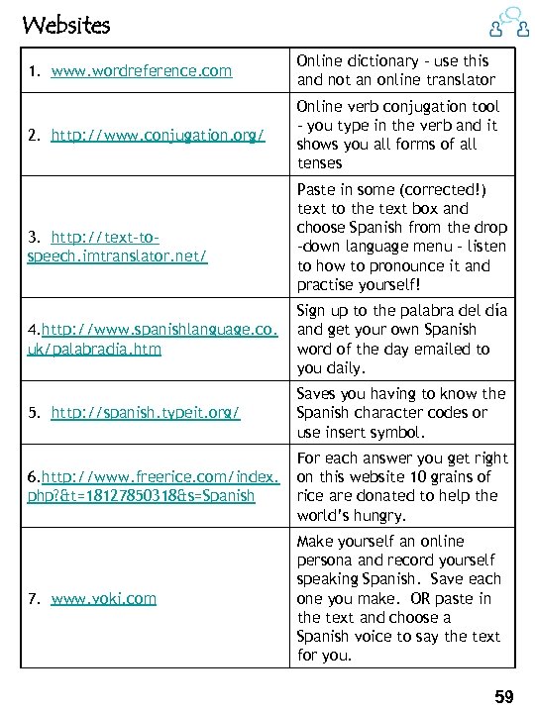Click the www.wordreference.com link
(141, 71)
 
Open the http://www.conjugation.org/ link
(158, 135)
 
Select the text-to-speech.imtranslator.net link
(117, 247)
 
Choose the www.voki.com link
(103, 598)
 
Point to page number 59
(504, 697)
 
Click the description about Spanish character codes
(401, 413)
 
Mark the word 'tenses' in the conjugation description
(319, 163)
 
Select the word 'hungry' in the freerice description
(378, 515)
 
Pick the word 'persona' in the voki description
(325, 560)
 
